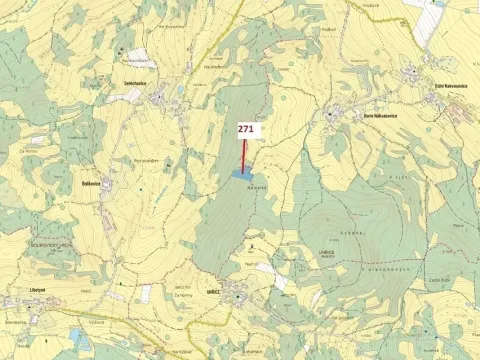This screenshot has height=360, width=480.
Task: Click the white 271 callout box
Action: click(247, 129)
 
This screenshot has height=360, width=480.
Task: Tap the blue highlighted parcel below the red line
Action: click(241, 174)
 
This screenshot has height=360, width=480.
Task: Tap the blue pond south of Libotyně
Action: click(77, 336)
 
